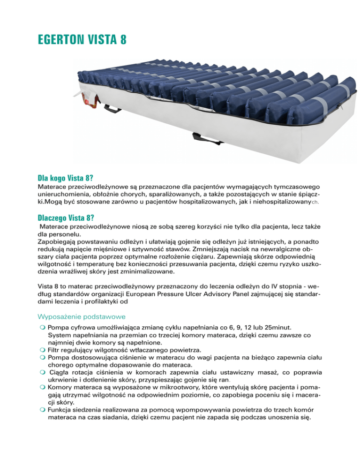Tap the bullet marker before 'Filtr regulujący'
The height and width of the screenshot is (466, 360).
42,350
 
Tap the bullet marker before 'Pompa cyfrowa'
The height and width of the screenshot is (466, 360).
42,327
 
